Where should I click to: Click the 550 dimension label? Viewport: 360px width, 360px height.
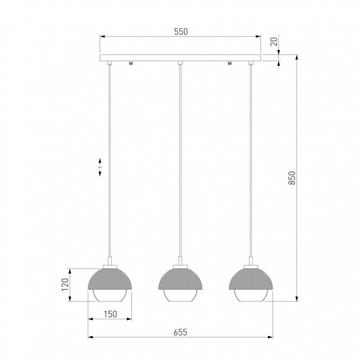(181, 32)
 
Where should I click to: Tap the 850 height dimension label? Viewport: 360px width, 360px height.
(292, 178)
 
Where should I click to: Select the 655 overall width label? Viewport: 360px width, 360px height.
(180, 332)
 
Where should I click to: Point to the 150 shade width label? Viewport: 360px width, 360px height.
(111, 314)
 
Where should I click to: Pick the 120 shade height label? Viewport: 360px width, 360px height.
(65, 285)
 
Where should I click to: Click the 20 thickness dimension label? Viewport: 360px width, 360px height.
(274, 42)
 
